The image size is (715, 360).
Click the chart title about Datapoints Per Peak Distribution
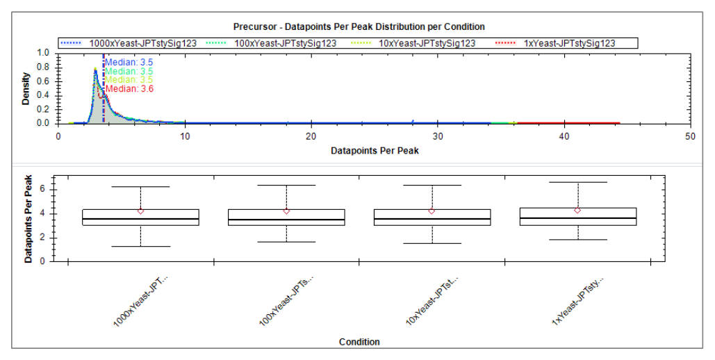tap(359, 26)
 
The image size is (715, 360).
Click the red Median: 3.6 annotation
tap(129, 88)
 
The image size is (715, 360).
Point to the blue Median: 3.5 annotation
tap(129, 63)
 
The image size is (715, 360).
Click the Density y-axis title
tap(26, 88)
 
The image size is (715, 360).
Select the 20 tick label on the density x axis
tap(311, 136)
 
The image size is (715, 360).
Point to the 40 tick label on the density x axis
tap(564, 136)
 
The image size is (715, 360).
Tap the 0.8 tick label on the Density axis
tap(43, 67)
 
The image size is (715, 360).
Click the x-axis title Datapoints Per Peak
tap(375, 151)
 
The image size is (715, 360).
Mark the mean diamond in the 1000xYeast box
tap(141, 211)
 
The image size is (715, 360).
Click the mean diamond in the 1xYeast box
tap(577, 211)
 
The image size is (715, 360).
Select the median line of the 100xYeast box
tap(286, 220)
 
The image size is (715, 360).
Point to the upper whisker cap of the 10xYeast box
tap(432, 186)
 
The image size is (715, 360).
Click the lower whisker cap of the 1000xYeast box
tap(141, 247)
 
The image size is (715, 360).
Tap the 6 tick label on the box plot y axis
tap(42, 190)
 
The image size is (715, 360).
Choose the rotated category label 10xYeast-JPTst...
tap(432, 301)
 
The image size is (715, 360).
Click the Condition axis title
tap(359, 342)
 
